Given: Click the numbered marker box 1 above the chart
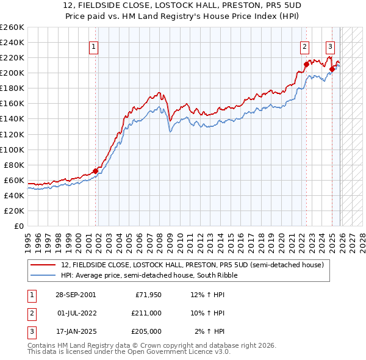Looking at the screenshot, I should (x=94, y=46).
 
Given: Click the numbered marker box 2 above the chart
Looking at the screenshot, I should (x=304, y=46).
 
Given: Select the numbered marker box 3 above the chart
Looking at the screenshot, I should (x=330, y=46).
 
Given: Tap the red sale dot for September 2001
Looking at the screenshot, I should (x=95, y=171).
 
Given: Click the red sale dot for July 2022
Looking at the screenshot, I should (x=306, y=64).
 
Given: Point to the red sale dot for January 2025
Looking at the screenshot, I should (x=332, y=69).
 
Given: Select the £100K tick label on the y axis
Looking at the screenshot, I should (x=12, y=149).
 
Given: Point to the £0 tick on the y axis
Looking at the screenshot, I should (x=19, y=226).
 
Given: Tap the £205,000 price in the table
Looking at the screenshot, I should (x=146, y=331).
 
